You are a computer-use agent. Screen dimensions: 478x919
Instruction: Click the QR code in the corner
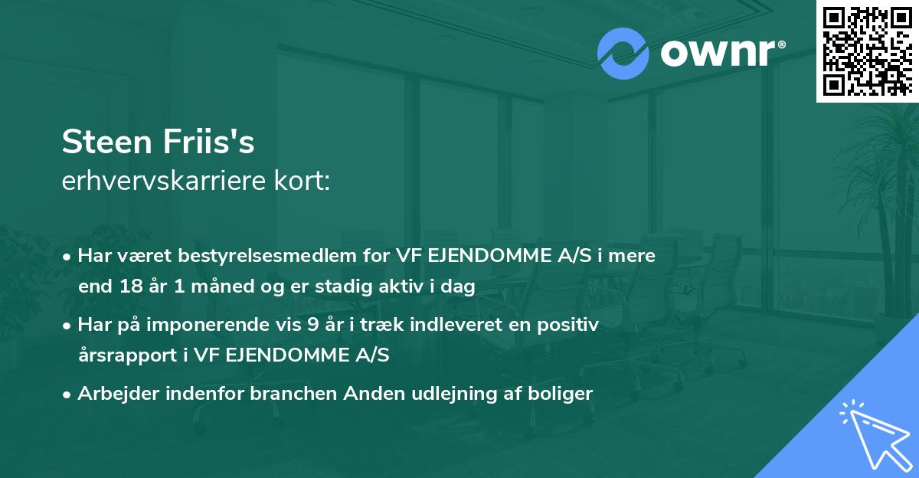[x=867, y=51]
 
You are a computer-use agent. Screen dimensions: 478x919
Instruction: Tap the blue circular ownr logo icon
[x=623, y=54]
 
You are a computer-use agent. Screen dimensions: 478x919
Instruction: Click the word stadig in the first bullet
[x=352, y=287]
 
